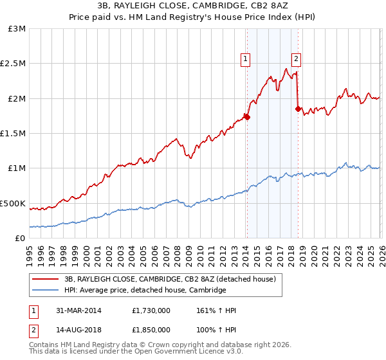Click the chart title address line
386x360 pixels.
(192, 6)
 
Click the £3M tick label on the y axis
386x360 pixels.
(17, 29)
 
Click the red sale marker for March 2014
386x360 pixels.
(247, 118)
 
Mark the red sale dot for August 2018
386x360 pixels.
(298, 109)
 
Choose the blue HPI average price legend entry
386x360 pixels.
(145, 291)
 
